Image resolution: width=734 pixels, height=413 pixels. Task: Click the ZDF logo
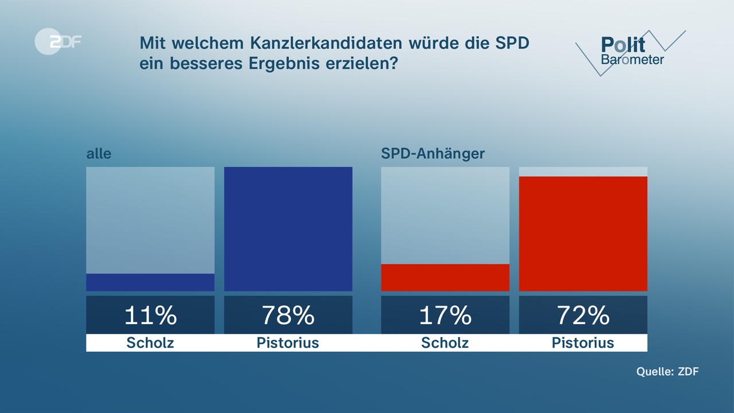click(57, 42)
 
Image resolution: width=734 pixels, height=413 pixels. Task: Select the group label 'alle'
click(99, 154)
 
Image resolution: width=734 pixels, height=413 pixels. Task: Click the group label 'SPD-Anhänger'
click(433, 154)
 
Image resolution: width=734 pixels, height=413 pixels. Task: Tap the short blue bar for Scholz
click(150, 282)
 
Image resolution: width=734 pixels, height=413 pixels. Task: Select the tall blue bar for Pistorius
click(288, 229)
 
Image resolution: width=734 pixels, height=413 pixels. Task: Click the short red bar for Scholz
click(445, 278)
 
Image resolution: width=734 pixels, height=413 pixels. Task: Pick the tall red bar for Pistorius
click(583, 233)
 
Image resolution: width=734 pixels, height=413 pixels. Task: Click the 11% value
click(150, 315)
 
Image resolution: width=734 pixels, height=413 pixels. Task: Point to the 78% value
click(288, 315)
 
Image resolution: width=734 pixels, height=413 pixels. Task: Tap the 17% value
click(445, 315)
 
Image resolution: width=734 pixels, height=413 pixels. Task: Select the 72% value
click(583, 315)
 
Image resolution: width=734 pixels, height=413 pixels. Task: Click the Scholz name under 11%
click(150, 343)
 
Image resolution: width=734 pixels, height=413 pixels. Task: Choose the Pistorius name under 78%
click(288, 343)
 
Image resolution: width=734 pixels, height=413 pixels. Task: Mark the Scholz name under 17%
click(445, 343)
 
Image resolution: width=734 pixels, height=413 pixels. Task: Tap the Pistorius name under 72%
click(583, 343)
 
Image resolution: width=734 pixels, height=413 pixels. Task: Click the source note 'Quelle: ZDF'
click(667, 372)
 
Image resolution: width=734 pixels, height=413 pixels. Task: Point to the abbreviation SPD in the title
click(512, 44)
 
